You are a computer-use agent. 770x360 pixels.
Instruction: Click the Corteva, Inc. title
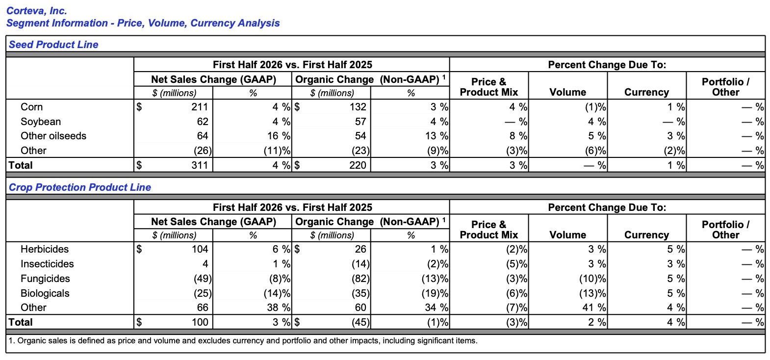click(36, 11)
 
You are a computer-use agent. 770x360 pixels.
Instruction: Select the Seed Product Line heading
click(53, 44)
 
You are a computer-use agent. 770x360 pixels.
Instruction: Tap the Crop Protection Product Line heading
click(80, 187)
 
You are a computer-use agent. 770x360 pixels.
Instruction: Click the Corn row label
click(31, 107)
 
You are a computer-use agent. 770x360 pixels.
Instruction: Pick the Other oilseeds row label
click(53, 136)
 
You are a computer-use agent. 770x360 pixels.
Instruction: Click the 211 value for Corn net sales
click(200, 107)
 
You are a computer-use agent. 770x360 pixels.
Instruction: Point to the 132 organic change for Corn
click(358, 107)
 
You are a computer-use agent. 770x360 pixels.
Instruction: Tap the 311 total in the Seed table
click(200, 165)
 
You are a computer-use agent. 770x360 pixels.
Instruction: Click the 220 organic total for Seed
click(358, 165)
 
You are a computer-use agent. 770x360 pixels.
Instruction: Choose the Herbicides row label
click(45, 249)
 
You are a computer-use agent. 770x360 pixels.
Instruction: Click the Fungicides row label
click(45, 279)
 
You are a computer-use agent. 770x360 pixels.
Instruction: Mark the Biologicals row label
click(45, 293)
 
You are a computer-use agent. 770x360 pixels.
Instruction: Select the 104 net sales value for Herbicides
click(200, 249)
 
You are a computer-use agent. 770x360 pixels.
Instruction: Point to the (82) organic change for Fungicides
click(360, 279)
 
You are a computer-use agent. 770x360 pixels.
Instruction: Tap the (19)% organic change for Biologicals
click(435, 293)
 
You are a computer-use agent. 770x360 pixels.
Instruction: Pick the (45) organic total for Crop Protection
click(360, 322)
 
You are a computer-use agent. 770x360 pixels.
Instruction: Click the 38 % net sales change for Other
click(279, 308)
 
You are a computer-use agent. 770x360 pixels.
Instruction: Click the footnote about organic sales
click(243, 341)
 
